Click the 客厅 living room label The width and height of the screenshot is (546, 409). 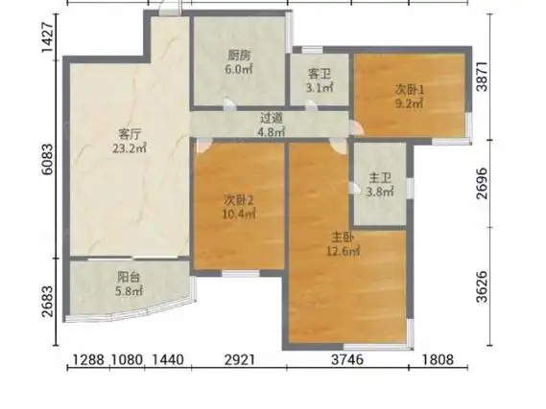130,133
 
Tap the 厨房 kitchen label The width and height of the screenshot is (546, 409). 239,56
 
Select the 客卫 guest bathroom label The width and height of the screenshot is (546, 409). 320,74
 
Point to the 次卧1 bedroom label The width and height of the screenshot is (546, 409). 410,90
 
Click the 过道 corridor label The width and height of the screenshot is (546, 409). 272,118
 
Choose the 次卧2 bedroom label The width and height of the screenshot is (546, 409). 239,200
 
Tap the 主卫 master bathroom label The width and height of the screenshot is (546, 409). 380,178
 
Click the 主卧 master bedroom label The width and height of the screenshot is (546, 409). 343,238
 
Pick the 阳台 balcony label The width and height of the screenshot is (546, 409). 129,277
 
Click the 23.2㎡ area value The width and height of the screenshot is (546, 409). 130,148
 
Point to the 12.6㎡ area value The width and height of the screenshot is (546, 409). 343,251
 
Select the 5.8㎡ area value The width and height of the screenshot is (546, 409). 129,291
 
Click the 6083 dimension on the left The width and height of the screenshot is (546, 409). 48,159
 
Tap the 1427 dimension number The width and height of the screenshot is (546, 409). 48,37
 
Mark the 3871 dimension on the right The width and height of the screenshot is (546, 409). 483,77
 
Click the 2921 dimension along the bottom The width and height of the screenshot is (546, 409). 240,359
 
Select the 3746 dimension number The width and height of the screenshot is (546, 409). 347,359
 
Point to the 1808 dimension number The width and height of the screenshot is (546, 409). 439,359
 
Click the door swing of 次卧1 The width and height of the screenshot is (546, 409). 356,127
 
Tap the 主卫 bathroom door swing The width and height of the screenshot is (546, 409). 355,188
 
